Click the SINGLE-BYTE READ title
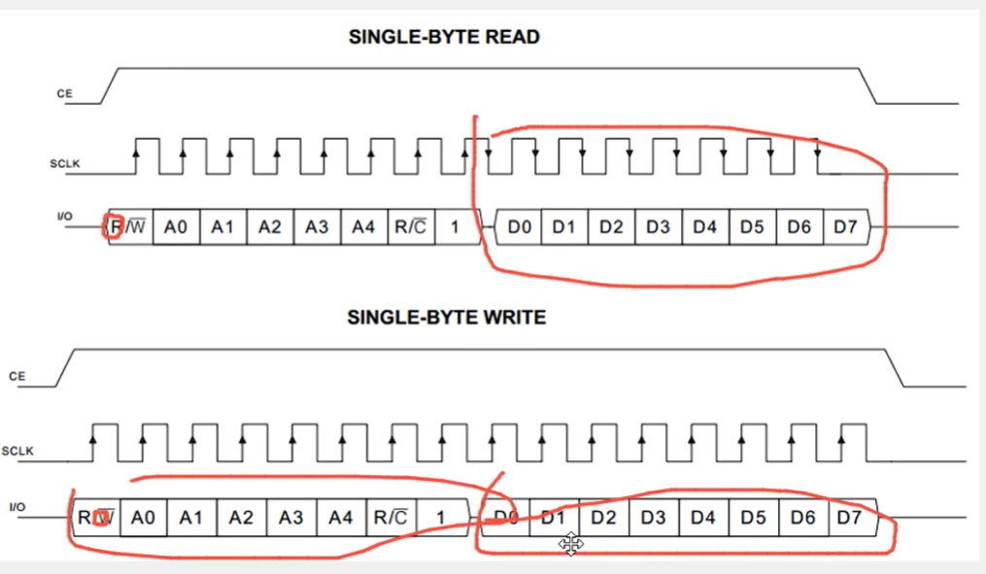pos(444,38)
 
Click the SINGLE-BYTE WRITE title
pos(447,318)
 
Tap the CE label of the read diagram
pos(64,94)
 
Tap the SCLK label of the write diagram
pos(18,451)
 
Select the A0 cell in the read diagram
pos(176,227)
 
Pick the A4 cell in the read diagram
pos(363,227)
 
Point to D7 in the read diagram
pos(846,227)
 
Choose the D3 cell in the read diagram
pos(658,227)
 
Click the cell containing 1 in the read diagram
pos(452,227)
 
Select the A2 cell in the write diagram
pos(241,518)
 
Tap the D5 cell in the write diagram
pos(753,518)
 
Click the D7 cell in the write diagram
pos(849,518)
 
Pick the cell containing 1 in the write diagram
pos(440,518)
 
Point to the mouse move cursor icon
pos(571,545)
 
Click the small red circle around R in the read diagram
pos(115,227)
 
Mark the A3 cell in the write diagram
pos(290,518)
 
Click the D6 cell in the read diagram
pos(799,227)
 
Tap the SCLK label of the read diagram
pos(64,163)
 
